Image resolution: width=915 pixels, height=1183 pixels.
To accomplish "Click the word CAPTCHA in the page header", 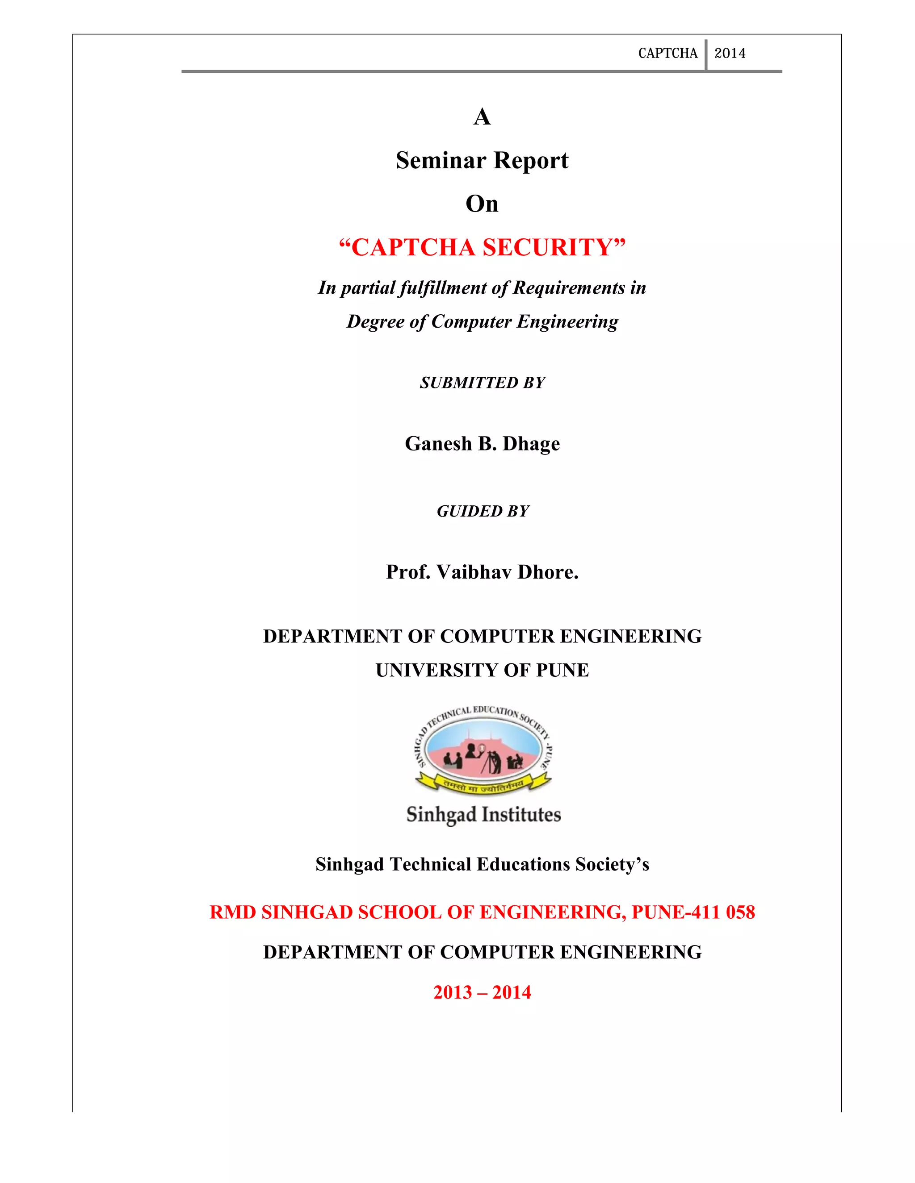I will [x=667, y=53].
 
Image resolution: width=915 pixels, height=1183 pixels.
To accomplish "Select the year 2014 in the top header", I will [x=730, y=53].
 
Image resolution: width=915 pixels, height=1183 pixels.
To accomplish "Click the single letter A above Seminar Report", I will [x=482, y=117].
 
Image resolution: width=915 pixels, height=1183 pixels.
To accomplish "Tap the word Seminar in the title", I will [x=441, y=160].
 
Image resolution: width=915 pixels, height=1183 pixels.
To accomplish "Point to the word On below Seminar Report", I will [x=482, y=204].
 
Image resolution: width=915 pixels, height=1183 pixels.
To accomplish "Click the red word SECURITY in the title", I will [x=554, y=248].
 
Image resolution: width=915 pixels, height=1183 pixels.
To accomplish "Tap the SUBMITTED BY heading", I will [x=482, y=383].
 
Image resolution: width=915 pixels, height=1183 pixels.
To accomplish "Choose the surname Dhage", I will [x=531, y=444].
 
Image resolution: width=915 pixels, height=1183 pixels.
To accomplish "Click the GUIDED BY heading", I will [x=483, y=511].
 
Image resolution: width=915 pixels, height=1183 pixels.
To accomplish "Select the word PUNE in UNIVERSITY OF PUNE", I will [x=562, y=671].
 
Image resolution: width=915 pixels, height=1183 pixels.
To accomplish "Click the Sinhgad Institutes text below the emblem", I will [x=483, y=815].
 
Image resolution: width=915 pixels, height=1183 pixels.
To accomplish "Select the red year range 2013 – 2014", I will [x=482, y=992].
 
